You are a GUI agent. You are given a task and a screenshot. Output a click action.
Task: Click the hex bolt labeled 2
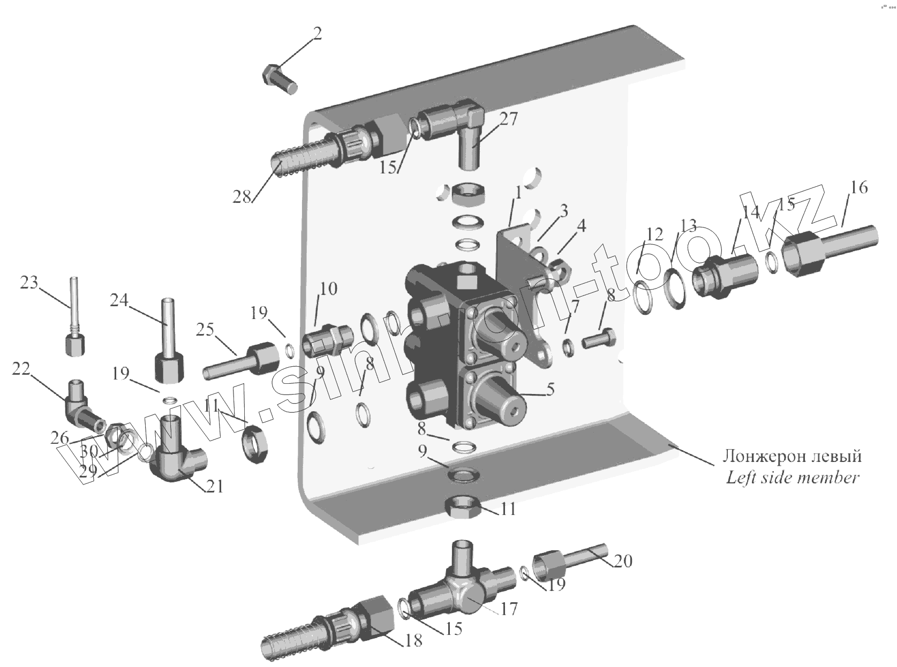click(280, 79)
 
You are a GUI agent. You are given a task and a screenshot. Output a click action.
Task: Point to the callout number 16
click(858, 187)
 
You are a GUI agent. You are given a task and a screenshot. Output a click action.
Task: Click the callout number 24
click(119, 301)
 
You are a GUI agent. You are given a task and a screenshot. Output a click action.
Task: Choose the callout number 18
click(414, 640)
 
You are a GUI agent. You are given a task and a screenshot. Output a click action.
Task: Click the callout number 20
click(623, 560)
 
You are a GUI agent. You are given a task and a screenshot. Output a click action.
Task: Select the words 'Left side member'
click(793, 477)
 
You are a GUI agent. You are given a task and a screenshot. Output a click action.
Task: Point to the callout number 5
click(551, 390)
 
